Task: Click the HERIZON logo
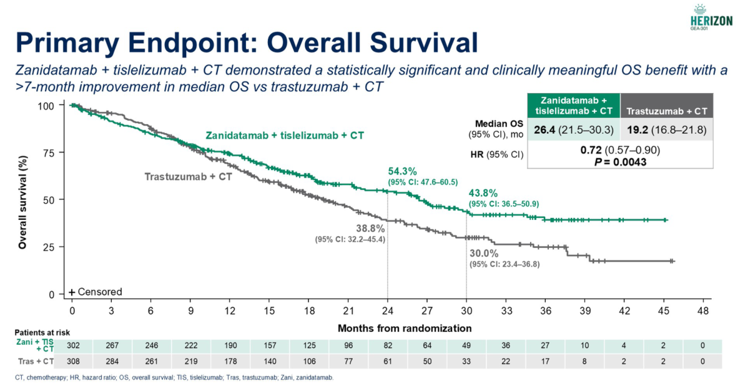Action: coord(711,17)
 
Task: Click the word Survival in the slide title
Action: coord(404,42)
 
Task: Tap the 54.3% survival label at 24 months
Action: coord(402,172)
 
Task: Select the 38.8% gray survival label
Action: coord(370,229)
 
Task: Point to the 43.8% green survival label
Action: coord(483,194)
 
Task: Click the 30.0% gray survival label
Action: coord(484,253)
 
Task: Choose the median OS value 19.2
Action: coord(638,130)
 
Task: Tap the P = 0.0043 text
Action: coord(620,162)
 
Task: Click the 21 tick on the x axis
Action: coord(348,311)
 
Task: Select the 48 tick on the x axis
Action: coord(703,311)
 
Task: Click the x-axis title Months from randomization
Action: coord(404,328)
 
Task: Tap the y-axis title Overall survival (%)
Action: coord(22,202)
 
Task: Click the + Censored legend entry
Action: coord(96,292)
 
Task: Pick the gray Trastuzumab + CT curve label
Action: coord(188,177)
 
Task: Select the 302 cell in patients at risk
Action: coord(73,346)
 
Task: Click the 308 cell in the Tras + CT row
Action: coord(73,361)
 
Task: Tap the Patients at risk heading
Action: coord(42,333)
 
